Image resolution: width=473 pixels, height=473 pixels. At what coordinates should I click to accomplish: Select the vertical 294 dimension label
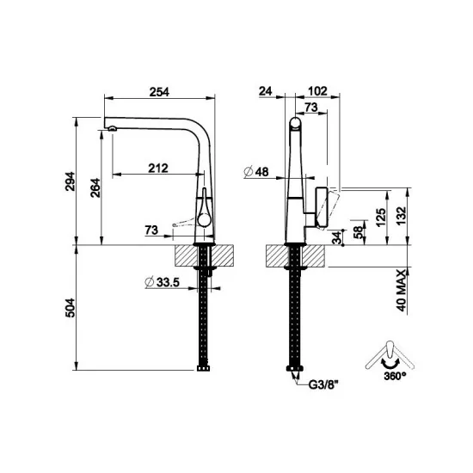coord(72,181)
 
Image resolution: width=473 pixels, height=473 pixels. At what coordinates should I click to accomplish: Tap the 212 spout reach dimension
coord(157,169)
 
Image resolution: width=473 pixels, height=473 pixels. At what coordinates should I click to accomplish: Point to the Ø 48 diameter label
coord(256,172)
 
